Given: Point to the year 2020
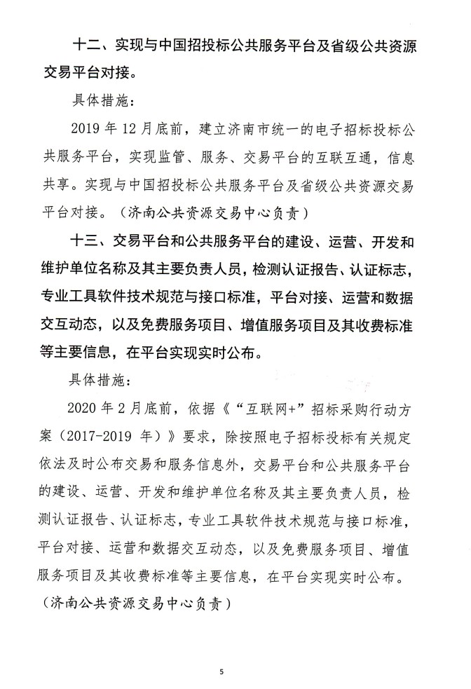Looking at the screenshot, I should click(x=87, y=409).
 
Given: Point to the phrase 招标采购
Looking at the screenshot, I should click(x=324, y=409).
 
